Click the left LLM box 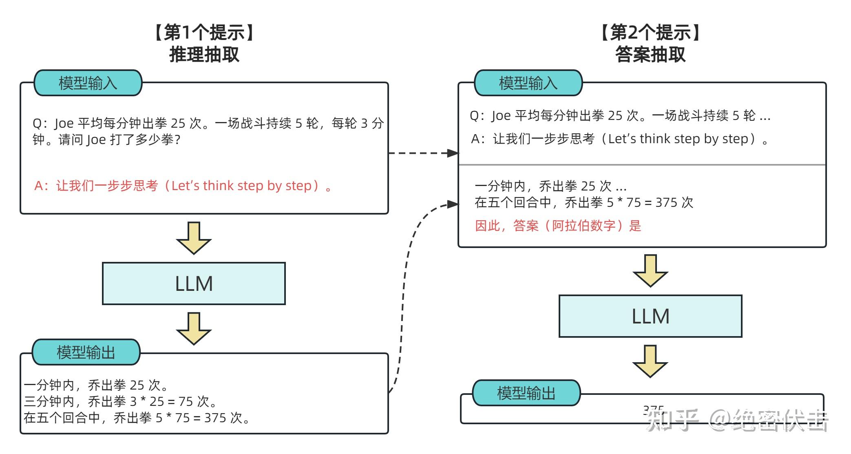pos(194,283)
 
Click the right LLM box pos(650,316)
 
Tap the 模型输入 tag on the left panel pos(88,83)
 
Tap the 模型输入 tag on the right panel pos(528,83)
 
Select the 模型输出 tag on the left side pos(86,352)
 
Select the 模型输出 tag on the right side pos(526,393)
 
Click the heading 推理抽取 pos(204,54)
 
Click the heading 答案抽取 pos(650,54)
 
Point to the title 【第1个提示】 pos(204,32)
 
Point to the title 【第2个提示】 pos(650,32)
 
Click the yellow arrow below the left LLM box pos(194,329)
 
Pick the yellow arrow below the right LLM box pos(650,361)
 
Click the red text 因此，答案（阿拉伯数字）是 pos(558,225)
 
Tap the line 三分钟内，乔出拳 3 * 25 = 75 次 pos(120,401)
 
